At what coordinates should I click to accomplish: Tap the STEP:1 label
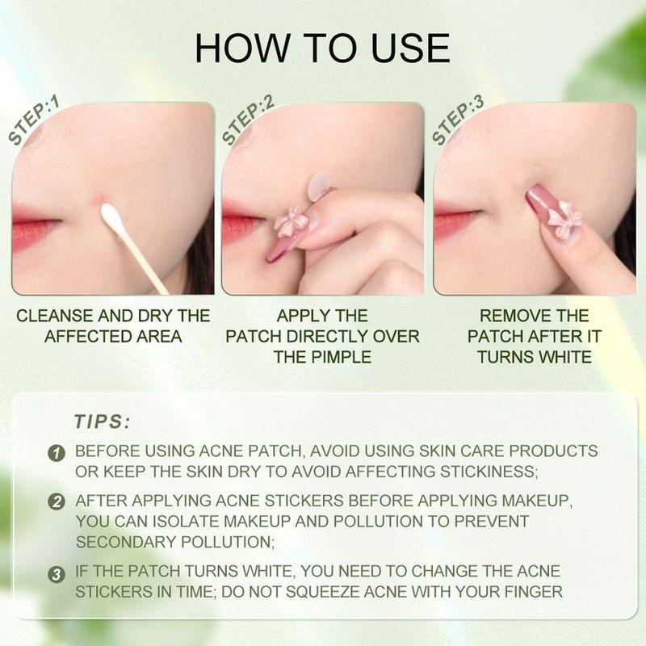[x=35, y=121]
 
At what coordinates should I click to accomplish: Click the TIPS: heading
[x=102, y=422]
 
